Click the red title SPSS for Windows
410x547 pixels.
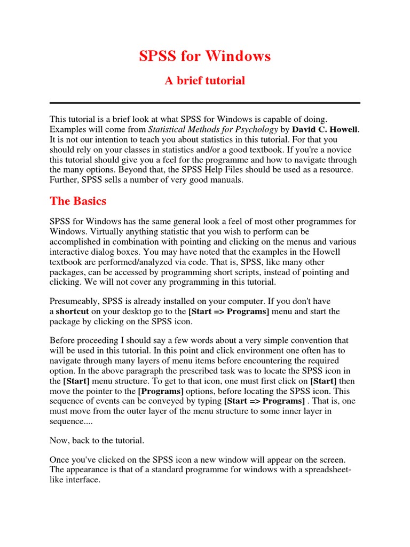205,56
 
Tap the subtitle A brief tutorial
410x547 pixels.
205,81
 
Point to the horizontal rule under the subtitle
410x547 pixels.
205,103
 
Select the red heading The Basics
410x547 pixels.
78,201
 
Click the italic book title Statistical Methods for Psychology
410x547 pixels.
213,129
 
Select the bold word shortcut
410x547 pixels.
73,311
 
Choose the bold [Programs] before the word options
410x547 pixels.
159,391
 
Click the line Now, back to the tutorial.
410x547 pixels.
97,440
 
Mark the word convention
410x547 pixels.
326,340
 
